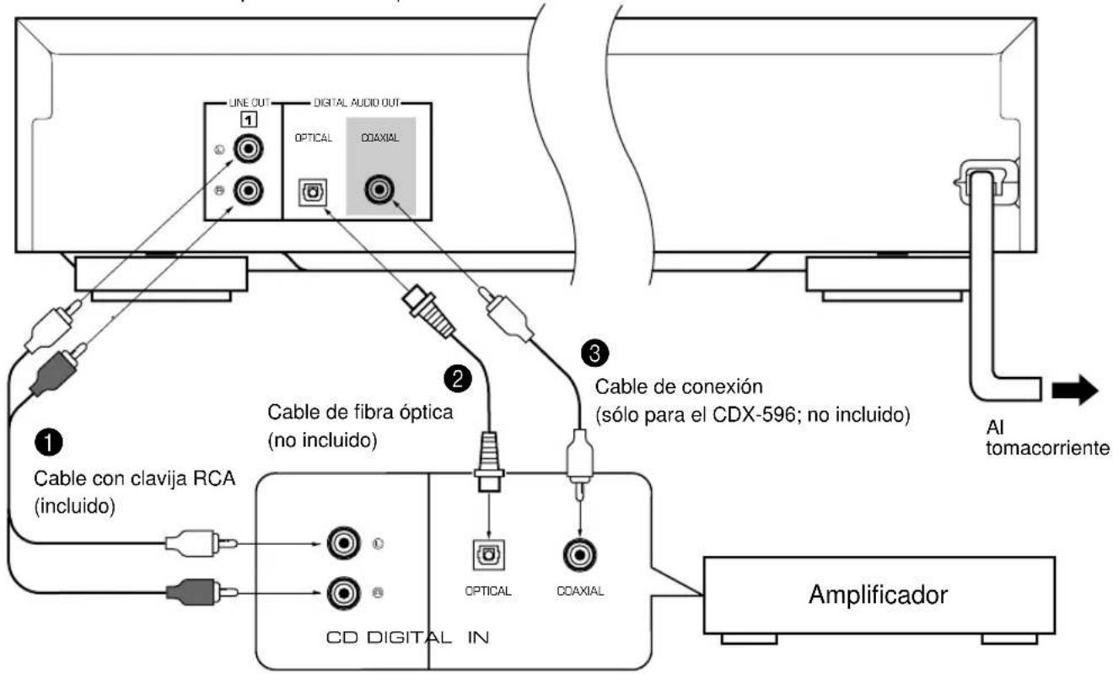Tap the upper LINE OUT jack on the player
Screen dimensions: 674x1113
tap(248, 150)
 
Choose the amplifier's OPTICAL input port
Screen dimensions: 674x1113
tap(489, 554)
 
